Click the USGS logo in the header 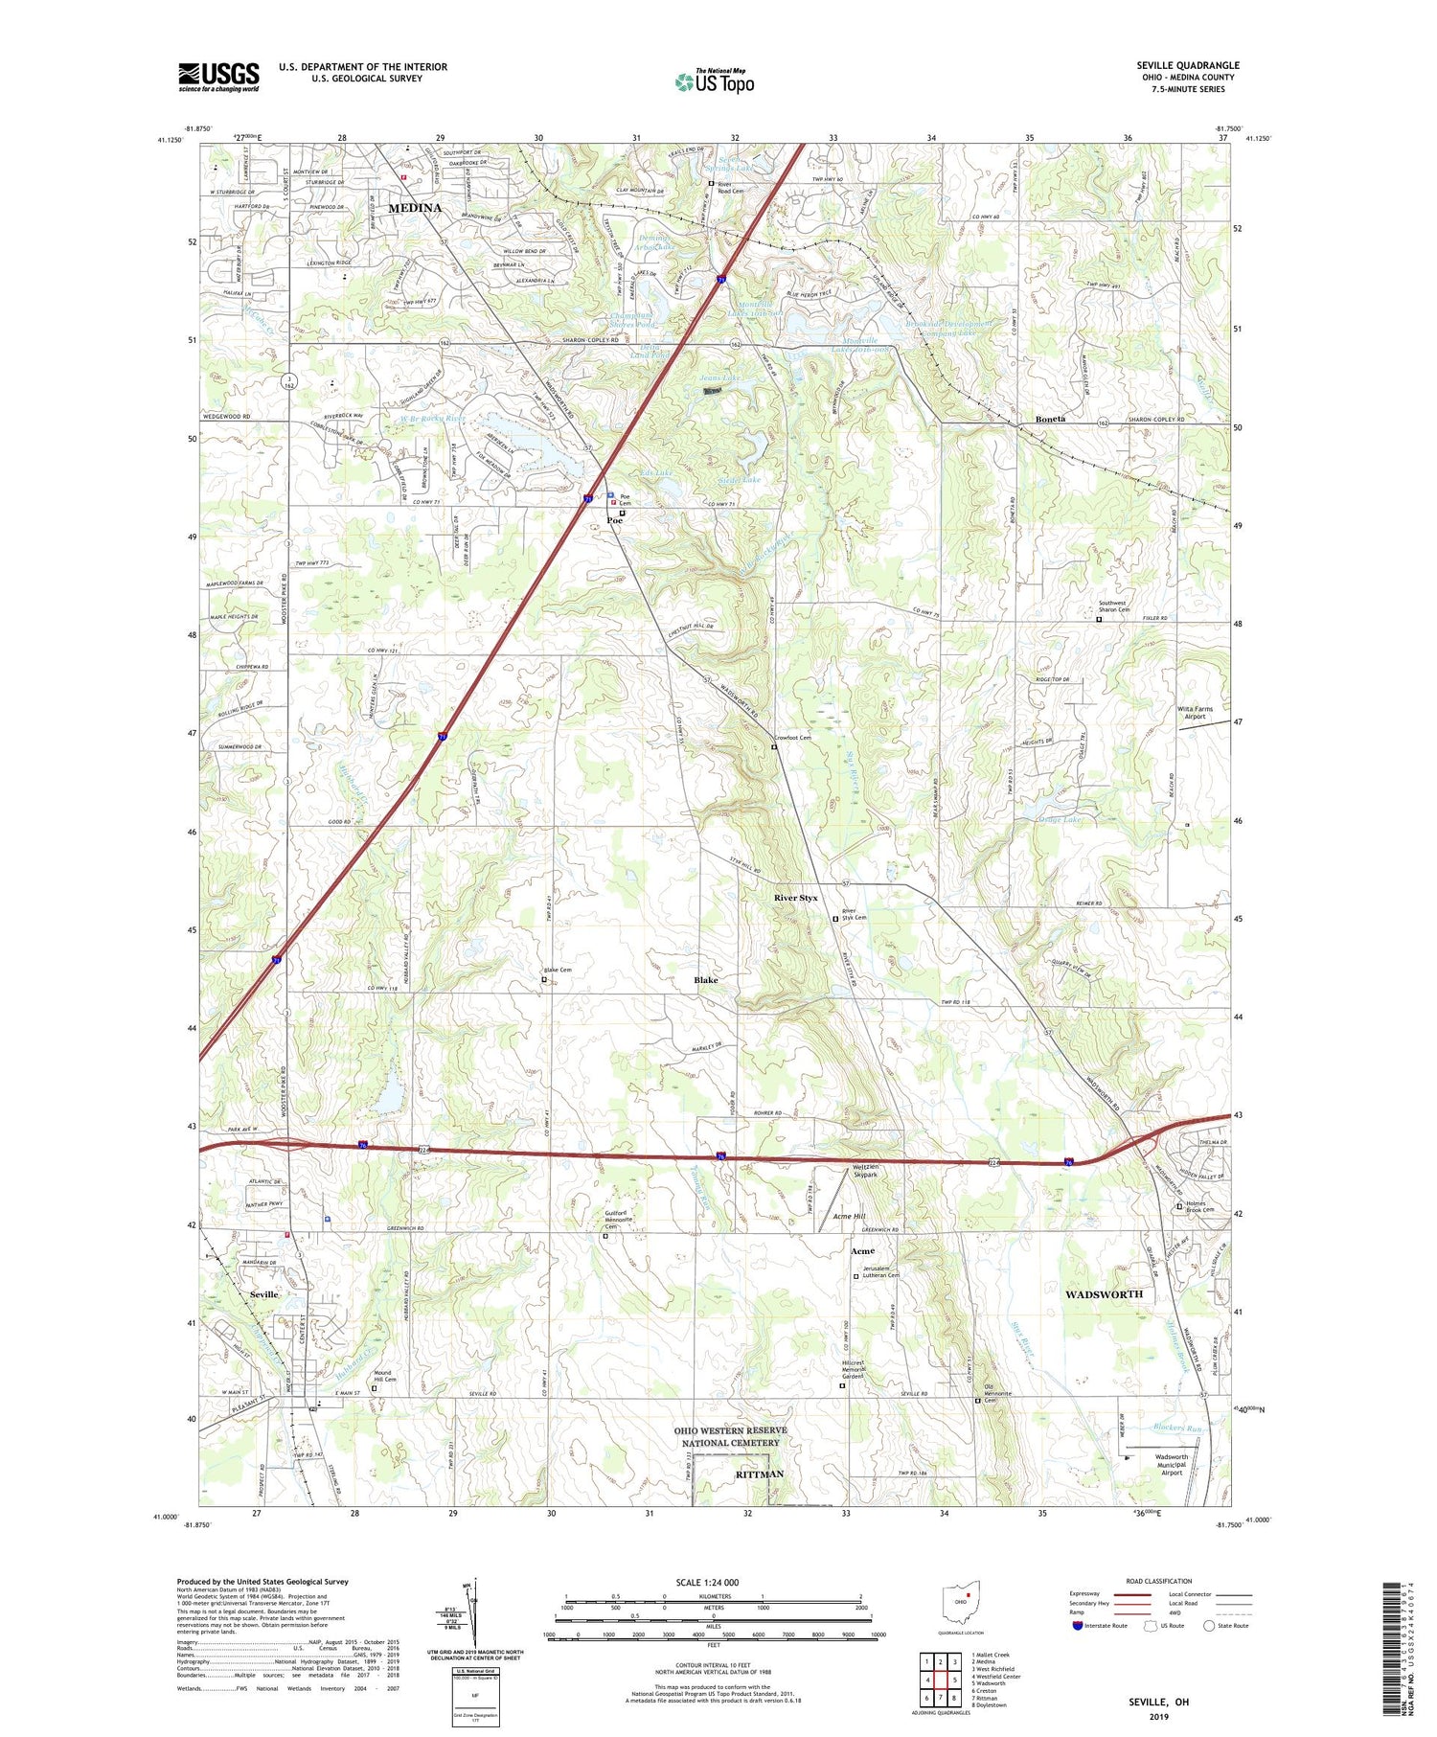pyautogui.click(x=218, y=77)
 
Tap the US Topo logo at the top pyautogui.click(x=714, y=81)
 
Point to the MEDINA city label pyautogui.click(x=415, y=208)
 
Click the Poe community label pyautogui.click(x=614, y=520)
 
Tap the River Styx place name pyautogui.click(x=796, y=898)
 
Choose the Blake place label pyautogui.click(x=705, y=980)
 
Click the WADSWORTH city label pyautogui.click(x=1104, y=1294)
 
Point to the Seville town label pyautogui.click(x=263, y=1294)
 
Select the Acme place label pyautogui.click(x=862, y=1251)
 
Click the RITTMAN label pyautogui.click(x=759, y=1474)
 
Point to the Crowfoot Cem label pyautogui.click(x=792, y=738)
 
